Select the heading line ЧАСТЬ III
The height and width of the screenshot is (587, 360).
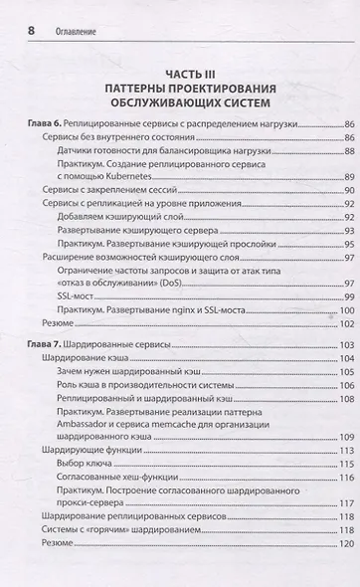pos(179,73)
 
